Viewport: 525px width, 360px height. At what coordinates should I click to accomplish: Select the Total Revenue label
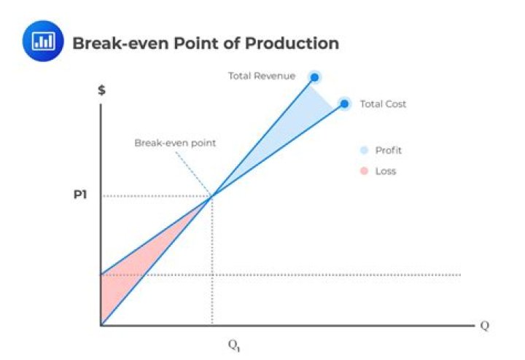click(x=262, y=76)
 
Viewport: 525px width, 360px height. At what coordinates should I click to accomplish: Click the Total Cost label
click(x=383, y=104)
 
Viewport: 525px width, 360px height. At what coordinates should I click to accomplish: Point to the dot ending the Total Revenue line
click(x=314, y=77)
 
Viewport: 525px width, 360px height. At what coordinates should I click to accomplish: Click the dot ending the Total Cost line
click(x=345, y=103)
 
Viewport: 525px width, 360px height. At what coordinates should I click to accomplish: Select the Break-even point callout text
click(x=174, y=143)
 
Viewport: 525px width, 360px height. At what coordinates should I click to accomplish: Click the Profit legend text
click(x=388, y=151)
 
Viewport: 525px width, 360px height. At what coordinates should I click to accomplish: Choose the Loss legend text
click(x=386, y=171)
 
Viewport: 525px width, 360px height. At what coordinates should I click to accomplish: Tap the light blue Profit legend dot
click(x=363, y=151)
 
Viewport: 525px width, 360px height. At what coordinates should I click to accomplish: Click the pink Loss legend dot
click(x=363, y=171)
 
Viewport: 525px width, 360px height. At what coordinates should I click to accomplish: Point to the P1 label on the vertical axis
click(x=81, y=196)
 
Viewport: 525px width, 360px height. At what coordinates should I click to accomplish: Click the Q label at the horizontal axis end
click(x=483, y=325)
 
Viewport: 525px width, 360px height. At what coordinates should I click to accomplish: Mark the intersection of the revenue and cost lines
click(x=212, y=196)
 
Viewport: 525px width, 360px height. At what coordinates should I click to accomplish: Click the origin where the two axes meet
click(x=101, y=325)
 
